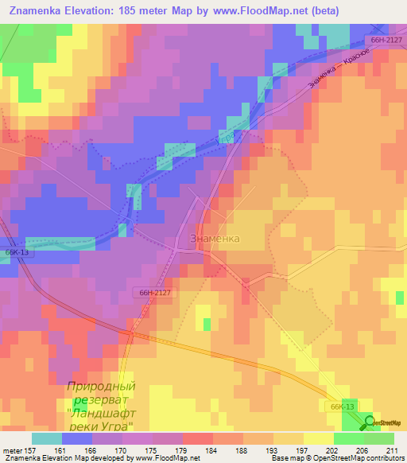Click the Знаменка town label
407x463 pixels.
click(x=215, y=238)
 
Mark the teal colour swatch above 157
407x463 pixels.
click(x=47, y=438)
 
